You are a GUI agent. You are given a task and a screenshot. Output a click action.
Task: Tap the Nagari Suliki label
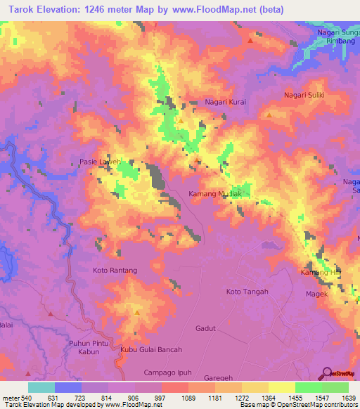point(303,94)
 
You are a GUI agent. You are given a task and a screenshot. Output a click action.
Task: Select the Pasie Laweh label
point(95,160)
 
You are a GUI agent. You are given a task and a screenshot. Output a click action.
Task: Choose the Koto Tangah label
point(247,292)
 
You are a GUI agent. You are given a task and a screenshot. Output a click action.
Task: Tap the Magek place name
point(316,294)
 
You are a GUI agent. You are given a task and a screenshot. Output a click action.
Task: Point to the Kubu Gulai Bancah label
point(151,349)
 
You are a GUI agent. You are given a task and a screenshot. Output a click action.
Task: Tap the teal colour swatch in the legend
point(41,387)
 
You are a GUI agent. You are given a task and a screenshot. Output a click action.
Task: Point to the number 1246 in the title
point(110,11)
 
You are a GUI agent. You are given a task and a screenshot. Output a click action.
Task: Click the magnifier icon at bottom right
point(326,372)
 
